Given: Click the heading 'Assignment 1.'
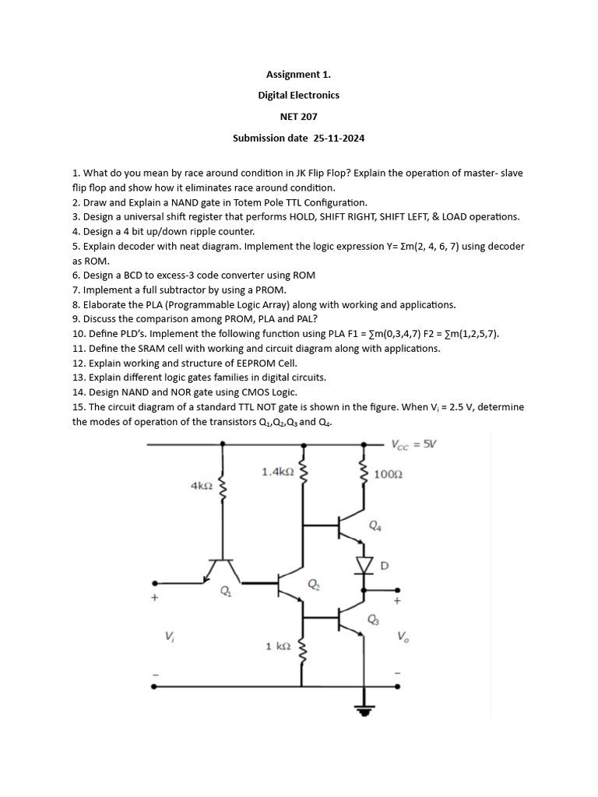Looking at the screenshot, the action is [x=298, y=75].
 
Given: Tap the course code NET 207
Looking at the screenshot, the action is [x=298, y=117].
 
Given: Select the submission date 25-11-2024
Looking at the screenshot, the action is [x=298, y=139].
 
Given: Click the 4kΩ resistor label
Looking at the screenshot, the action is [x=201, y=485].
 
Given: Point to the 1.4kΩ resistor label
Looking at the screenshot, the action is [x=278, y=471].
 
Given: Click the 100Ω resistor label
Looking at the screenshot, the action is [x=388, y=473].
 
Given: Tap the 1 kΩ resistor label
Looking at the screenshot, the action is [x=279, y=646].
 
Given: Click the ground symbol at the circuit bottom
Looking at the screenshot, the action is [x=364, y=709].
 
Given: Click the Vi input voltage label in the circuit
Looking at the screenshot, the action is [x=169, y=636].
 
